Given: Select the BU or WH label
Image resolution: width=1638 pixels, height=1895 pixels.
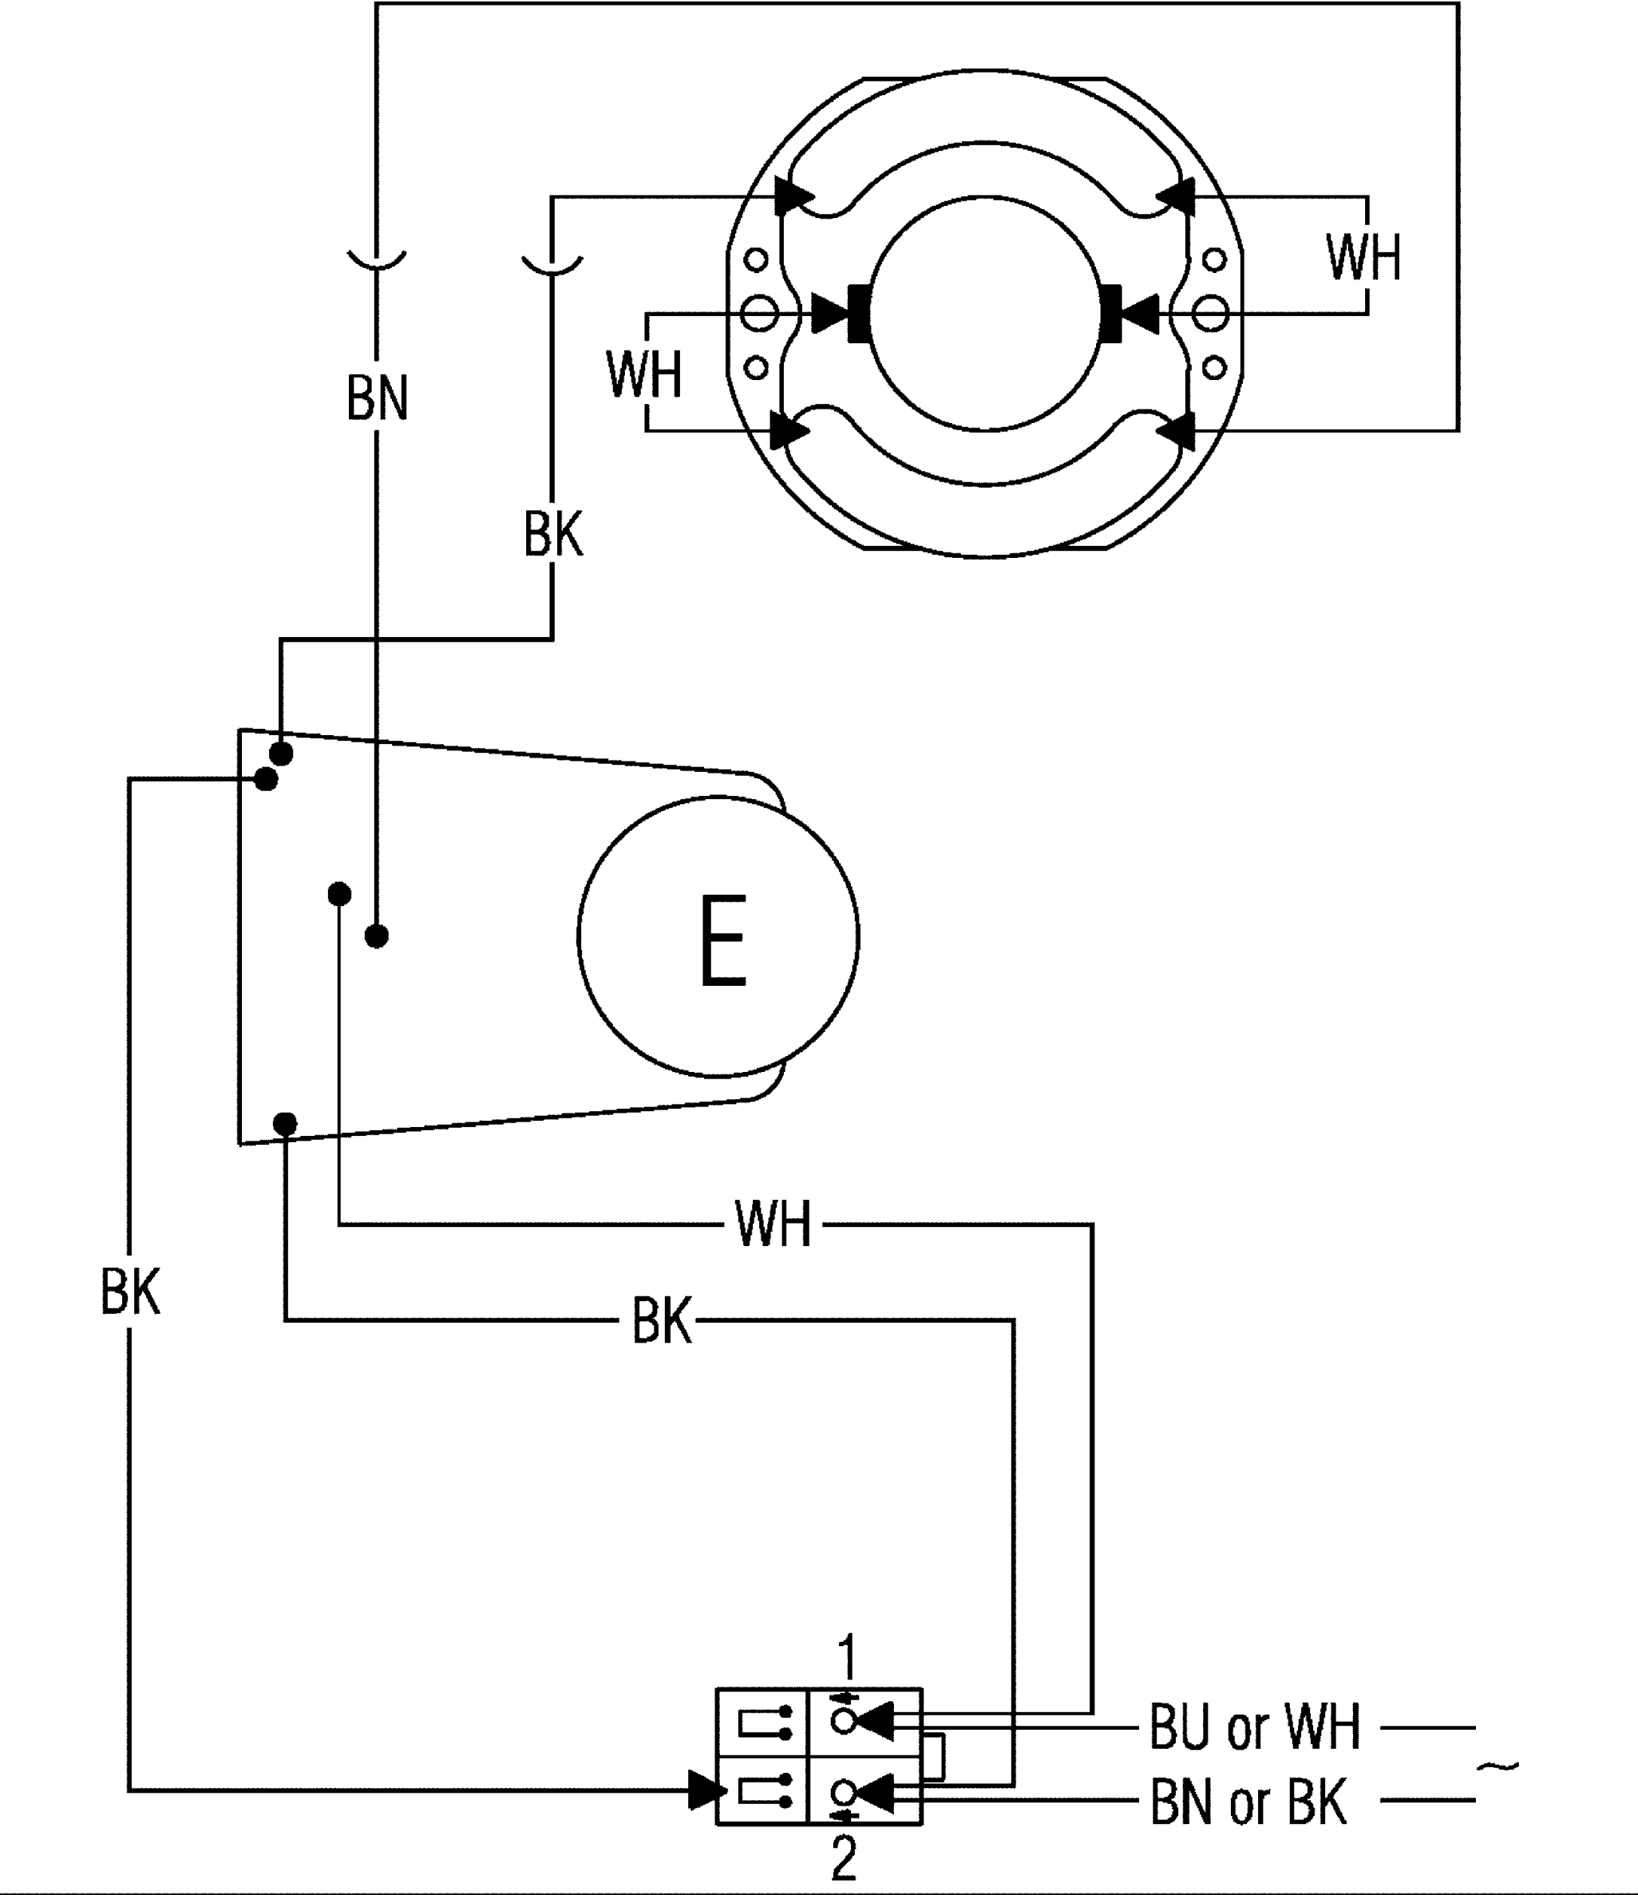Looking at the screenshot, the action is click(1255, 1726).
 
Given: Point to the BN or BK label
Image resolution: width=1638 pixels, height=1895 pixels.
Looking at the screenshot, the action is click(1248, 1802).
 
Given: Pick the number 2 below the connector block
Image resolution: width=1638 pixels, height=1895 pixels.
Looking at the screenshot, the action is click(843, 1856).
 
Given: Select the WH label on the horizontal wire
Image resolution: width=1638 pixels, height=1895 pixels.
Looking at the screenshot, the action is click(773, 1224).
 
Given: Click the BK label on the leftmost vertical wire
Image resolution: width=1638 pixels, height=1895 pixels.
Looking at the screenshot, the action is click(130, 1292).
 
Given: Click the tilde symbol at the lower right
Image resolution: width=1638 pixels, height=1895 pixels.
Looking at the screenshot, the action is click(1498, 1765).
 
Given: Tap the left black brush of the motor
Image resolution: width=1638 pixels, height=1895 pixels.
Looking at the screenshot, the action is click(859, 314).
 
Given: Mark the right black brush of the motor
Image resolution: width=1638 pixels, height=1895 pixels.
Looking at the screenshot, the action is click(1111, 314).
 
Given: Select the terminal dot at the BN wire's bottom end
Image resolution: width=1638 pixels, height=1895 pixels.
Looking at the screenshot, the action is click(377, 936).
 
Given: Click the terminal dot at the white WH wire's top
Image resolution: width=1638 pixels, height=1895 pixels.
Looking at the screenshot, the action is click(339, 893).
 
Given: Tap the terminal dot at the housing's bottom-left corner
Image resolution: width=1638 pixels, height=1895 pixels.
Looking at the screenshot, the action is click(285, 1123).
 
